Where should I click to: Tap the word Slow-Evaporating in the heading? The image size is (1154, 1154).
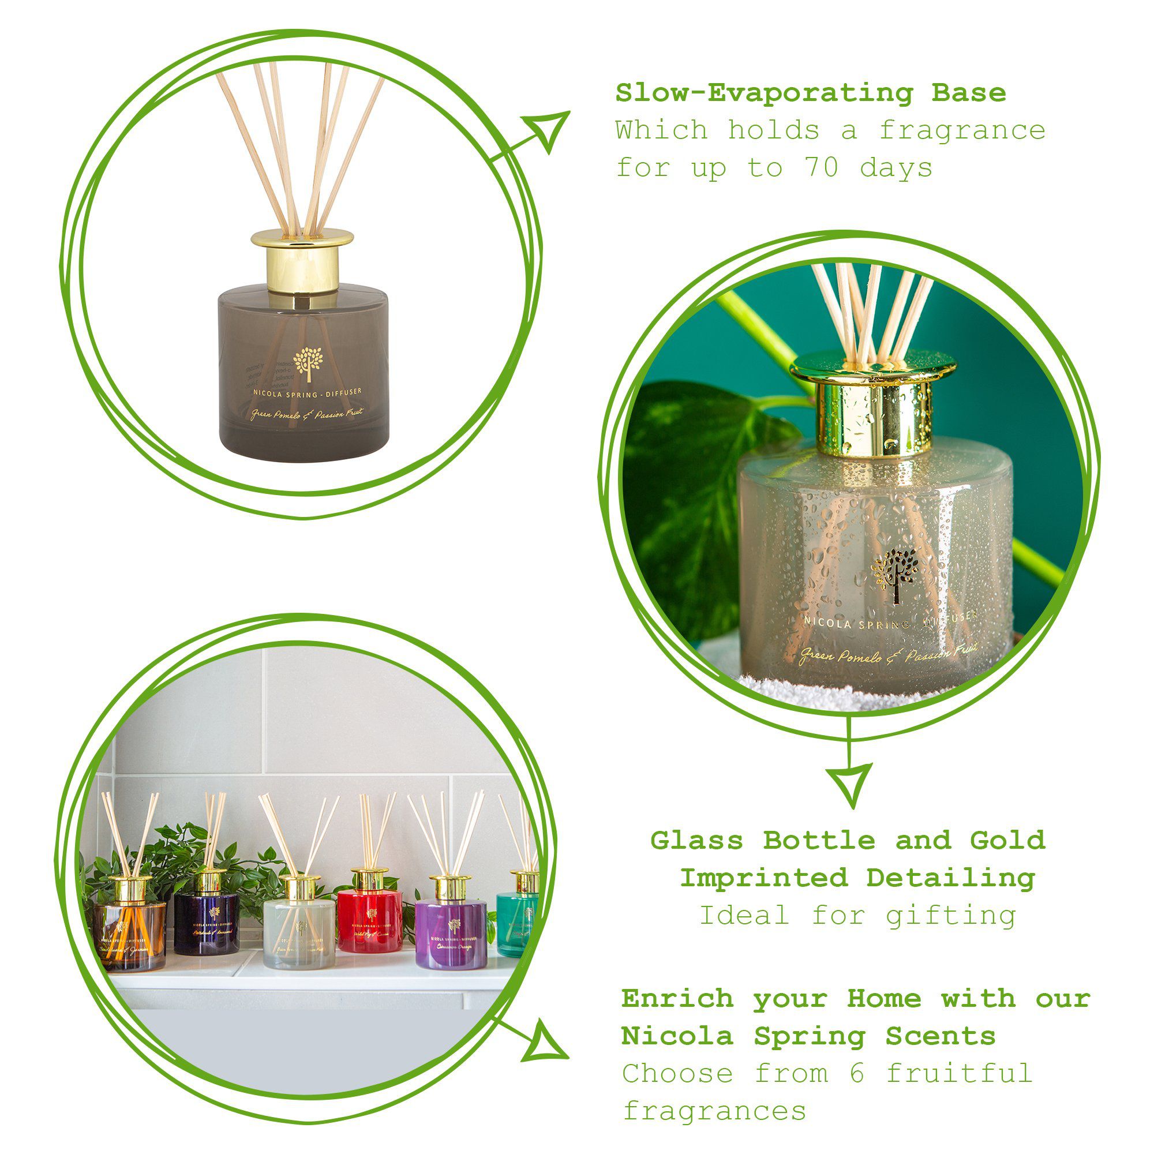tap(764, 93)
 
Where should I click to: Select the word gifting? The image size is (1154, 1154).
tap(950, 916)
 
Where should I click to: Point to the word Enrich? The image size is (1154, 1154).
tap(677, 998)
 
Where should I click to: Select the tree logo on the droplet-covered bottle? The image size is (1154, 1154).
tap(894, 574)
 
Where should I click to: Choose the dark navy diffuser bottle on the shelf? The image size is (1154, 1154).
tap(207, 923)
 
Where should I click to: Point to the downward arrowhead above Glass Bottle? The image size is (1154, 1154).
tap(849, 783)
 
